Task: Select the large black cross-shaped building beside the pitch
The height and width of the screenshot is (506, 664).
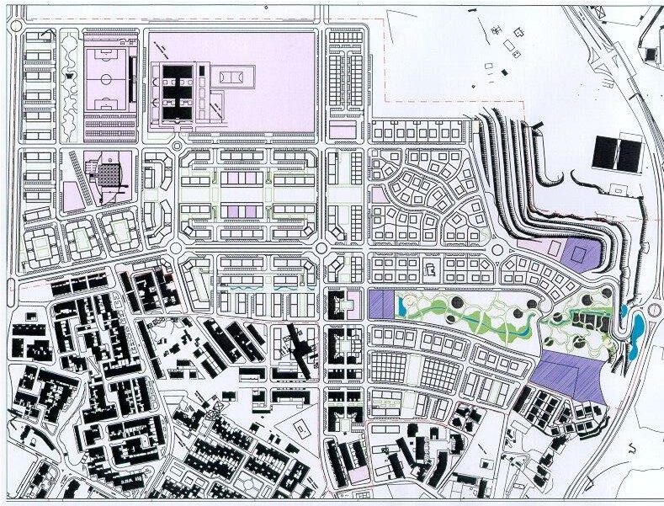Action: point(178,90)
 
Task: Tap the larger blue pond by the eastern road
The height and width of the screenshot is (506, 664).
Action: point(637,327)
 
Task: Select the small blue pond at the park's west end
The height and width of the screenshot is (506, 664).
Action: point(624,312)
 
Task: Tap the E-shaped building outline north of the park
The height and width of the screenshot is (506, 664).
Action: point(428,270)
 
